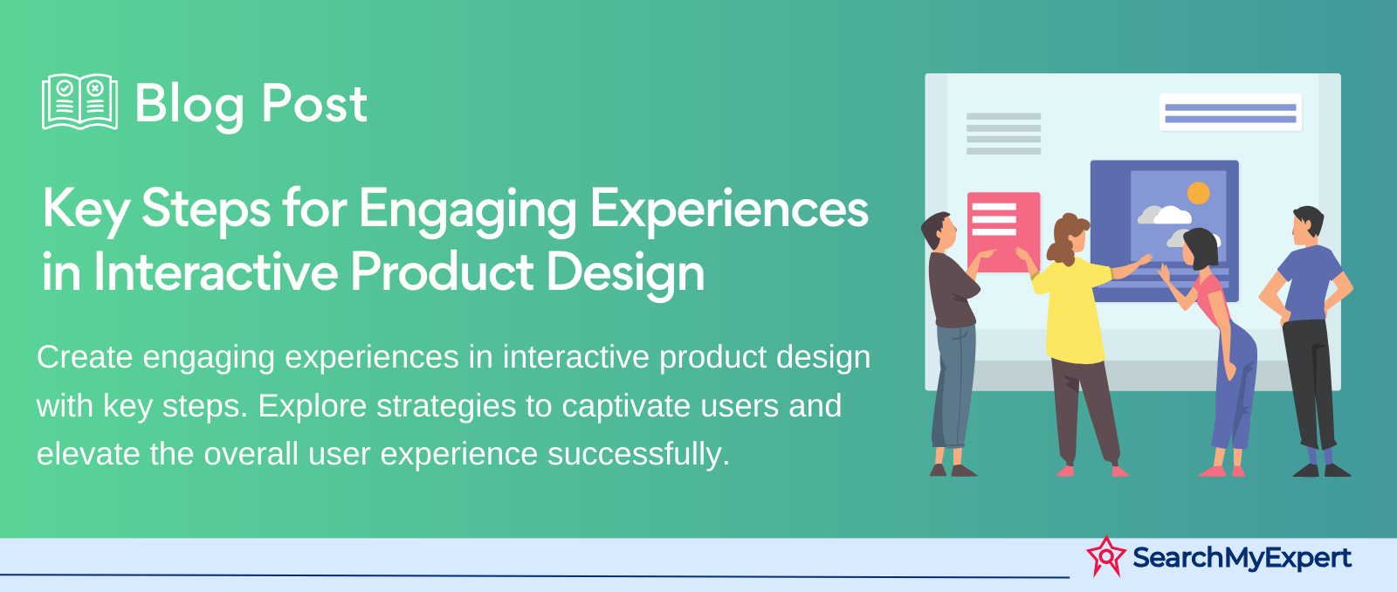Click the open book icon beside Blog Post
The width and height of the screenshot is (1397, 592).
click(x=79, y=102)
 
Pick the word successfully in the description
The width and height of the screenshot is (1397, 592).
click(x=638, y=453)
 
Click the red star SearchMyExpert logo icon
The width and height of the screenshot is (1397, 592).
click(x=1106, y=556)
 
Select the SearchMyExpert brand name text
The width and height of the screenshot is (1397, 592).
click(x=1242, y=558)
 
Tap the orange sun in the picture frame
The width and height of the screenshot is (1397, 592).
click(x=1198, y=193)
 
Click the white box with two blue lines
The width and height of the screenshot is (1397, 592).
click(x=1230, y=113)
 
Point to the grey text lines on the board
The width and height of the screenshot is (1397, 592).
click(x=1003, y=134)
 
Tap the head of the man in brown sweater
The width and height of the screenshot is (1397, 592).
click(x=939, y=231)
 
